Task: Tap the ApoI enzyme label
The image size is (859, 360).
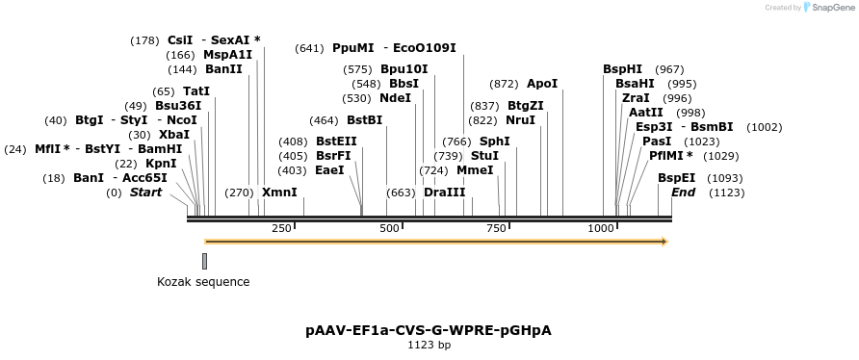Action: (542, 84)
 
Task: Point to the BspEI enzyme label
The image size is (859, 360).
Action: (676, 178)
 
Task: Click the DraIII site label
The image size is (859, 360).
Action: (444, 193)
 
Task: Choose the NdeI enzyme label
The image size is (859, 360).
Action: (395, 98)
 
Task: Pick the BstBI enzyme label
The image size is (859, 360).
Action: (364, 120)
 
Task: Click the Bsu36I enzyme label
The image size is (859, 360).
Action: (178, 106)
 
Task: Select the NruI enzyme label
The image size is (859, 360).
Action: (520, 120)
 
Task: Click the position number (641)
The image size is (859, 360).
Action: (310, 48)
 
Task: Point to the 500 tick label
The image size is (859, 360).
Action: (389, 228)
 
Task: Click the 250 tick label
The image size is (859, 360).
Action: (281, 228)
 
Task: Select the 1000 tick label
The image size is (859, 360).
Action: (601, 228)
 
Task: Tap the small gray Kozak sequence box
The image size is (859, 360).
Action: (205, 261)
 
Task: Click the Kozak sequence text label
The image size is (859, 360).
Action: (203, 282)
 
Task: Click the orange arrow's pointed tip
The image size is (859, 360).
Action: (665, 241)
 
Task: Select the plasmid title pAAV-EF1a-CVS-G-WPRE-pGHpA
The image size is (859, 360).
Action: (429, 330)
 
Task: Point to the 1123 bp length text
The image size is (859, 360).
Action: (429, 345)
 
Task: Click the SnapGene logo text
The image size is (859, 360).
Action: (830, 8)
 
